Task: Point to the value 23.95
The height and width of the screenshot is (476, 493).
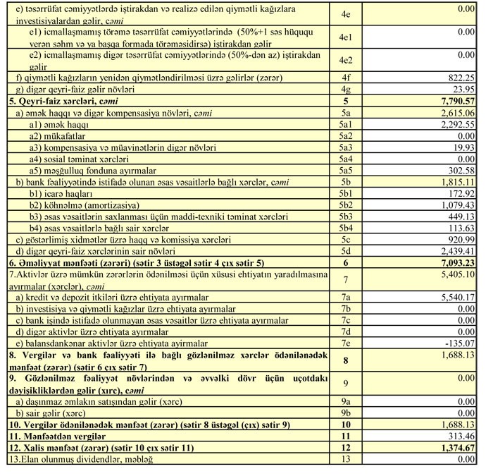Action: pyautogui.click(x=465, y=90)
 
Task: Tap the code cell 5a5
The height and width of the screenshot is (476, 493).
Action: pyautogui.click(x=344, y=171)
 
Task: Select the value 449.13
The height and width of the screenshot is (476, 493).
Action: pyautogui.click(x=462, y=216)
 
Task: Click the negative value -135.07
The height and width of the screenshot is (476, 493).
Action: pyautogui.click(x=461, y=343)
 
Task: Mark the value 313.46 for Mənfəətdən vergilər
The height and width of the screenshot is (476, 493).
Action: pyautogui.click(x=462, y=437)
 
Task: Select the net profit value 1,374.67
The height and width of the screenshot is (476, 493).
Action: pyautogui.click(x=456, y=448)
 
